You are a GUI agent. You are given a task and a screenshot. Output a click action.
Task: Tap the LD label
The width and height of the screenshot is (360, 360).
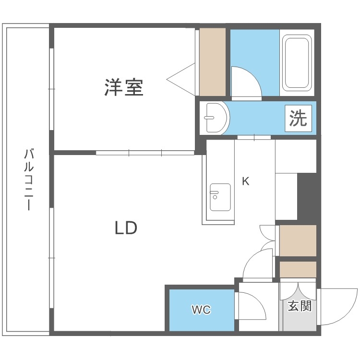coord(126,228)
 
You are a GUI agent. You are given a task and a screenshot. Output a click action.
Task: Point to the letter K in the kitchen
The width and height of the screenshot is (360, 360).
coord(245,181)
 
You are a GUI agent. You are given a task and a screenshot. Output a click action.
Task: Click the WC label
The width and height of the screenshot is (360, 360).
coord(201,310)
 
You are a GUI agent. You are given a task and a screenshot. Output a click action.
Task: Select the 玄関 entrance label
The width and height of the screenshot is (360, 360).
coord(300,306)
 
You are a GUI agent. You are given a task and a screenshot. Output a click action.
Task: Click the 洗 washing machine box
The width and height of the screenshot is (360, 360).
coord(298,118)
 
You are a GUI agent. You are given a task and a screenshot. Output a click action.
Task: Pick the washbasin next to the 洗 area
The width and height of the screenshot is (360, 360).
coord(213,118)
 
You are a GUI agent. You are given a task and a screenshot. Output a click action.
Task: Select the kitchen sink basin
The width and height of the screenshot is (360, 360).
coord(219,197)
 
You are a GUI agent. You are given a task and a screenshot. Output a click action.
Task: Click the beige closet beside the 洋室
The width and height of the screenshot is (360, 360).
coord(212,62)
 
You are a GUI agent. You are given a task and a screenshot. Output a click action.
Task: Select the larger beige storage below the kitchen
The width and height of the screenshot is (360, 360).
coord(298,240)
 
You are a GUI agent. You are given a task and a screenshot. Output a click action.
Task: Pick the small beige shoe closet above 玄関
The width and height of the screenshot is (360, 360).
coord(298,269)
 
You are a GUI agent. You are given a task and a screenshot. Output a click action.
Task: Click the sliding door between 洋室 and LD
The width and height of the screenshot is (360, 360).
coord(144,153)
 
